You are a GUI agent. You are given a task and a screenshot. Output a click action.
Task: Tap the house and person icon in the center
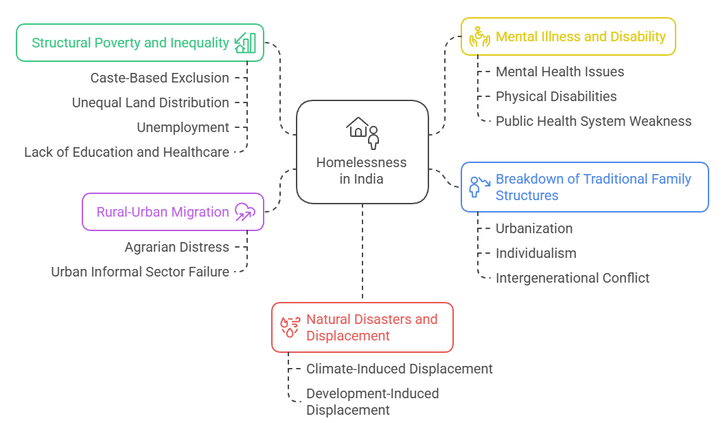[x=362, y=131]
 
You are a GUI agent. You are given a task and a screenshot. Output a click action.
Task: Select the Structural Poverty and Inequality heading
[x=130, y=43]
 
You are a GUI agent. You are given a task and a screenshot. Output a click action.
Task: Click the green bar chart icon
[x=245, y=43]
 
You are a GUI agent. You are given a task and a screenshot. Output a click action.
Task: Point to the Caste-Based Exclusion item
[x=159, y=78]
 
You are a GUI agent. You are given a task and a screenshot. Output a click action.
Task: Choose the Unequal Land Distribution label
[x=150, y=102]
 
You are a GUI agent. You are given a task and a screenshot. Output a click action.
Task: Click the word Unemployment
[x=183, y=127]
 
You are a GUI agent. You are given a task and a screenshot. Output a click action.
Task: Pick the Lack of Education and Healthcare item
[x=126, y=152]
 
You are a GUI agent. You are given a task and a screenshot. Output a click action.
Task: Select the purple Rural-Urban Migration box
[x=172, y=211]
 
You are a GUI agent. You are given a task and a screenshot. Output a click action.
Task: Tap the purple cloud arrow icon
[x=244, y=212]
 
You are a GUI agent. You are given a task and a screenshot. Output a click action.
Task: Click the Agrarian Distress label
[x=176, y=247]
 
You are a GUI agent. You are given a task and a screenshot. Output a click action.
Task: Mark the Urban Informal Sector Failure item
[x=140, y=272]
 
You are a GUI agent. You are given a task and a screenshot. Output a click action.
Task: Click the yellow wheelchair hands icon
[x=479, y=37]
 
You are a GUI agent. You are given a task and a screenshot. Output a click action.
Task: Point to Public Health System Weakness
[x=593, y=121]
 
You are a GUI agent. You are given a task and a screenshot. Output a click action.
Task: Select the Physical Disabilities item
[x=556, y=96]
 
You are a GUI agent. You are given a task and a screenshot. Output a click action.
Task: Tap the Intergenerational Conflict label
[x=573, y=278]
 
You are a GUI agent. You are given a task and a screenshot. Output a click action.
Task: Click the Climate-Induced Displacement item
[x=400, y=369]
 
